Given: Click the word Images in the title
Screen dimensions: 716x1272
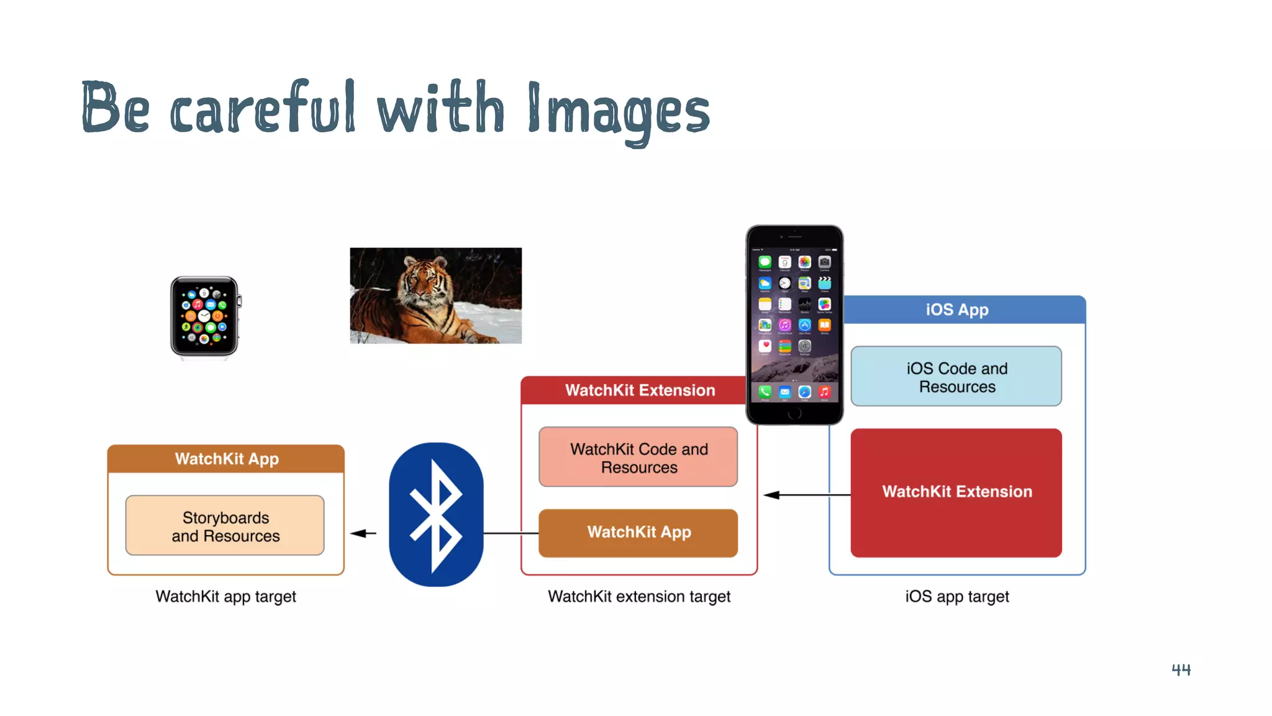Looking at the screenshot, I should coord(618,111).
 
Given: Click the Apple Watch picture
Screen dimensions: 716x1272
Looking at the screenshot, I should coord(205,316).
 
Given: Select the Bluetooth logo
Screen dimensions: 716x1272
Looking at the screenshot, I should coord(436,514).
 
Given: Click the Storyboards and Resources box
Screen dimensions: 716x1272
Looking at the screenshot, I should coord(225,526).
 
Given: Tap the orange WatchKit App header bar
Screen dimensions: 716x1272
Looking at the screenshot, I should coord(226,459).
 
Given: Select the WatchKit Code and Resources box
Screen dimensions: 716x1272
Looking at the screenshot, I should coord(638,457).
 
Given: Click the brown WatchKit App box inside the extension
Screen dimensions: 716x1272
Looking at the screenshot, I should coord(638,533).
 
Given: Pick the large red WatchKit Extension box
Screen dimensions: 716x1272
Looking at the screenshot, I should coord(956,492).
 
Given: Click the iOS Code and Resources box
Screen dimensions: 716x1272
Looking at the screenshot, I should coord(956,377).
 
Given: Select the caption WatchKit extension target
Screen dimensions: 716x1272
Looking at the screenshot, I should coord(638,597).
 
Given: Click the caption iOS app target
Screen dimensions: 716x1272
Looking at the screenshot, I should coord(956,597).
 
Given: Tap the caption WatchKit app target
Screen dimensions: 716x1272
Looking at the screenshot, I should coord(225,597).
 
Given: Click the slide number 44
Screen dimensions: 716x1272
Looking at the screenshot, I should coord(1181,669).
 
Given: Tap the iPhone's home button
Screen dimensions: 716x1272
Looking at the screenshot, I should coord(794,413).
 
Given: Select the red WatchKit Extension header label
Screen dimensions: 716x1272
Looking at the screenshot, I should coord(640,390).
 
